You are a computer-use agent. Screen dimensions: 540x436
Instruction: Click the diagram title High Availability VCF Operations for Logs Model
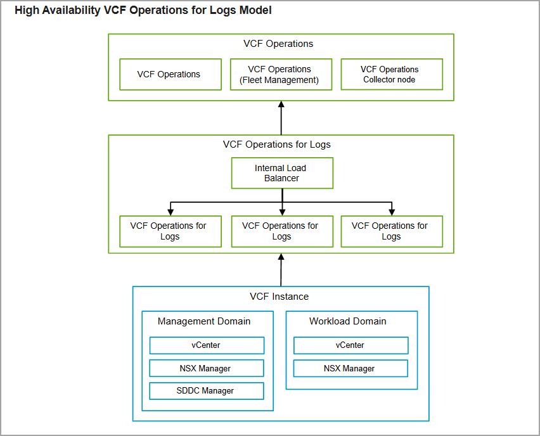coord(143,10)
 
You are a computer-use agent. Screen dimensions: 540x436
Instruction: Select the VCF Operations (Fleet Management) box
coord(281,74)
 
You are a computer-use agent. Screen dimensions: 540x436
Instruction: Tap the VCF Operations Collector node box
coord(392,74)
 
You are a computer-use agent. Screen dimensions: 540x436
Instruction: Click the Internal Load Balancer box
coord(283,173)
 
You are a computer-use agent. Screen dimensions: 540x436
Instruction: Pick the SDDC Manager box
coord(207,391)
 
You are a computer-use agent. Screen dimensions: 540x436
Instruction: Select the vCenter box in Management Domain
coord(207,345)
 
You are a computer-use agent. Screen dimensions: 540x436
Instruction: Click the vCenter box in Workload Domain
coord(351,345)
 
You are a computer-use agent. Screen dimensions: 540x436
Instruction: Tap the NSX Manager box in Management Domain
coord(207,368)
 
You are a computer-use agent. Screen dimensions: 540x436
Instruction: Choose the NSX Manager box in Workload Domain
coord(351,368)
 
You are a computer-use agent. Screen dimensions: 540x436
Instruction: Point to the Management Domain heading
coord(204,321)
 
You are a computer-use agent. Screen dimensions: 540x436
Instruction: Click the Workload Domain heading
coord(348,321)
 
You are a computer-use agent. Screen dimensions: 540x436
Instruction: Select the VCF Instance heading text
coord(280,297)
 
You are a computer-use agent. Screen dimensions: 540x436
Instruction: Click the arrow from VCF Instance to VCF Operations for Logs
coord(281,270)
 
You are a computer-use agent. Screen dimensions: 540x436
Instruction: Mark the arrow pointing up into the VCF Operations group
coord(281,118)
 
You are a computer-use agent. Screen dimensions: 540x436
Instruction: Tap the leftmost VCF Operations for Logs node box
coord(170,231)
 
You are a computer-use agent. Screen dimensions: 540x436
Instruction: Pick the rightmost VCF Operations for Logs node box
coord(392,231)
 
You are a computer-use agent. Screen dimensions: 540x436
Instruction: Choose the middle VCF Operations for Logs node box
coord(283,231)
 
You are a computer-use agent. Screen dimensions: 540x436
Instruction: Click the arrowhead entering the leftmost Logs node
coord(170,212)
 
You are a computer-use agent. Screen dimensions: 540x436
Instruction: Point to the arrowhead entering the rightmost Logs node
coord(392,212)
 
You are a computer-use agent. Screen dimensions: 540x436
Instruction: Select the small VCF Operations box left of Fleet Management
coord(170,74)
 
